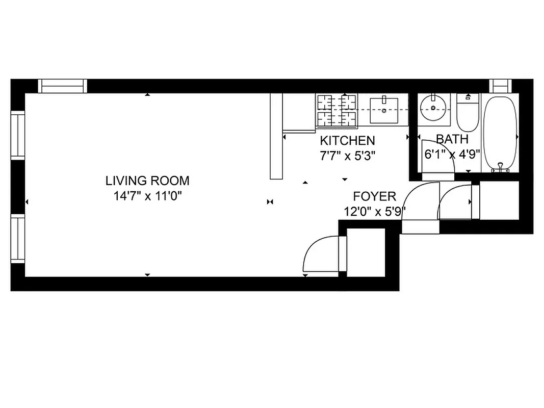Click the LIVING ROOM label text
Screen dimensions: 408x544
click(147, 181)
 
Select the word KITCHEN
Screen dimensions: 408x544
click(347, 141)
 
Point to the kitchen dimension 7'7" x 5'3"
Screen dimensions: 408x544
click(347, 156)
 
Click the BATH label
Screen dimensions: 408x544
click(452, 139)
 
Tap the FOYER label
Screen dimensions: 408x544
click(375, 197)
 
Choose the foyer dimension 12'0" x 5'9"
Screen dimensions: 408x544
click(375, 212)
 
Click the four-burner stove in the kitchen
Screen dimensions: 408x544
click(336, 110)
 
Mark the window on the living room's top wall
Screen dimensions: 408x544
click(63, 86)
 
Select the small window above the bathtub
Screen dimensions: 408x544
click(499, 85)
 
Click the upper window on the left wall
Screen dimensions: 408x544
click(18, 136)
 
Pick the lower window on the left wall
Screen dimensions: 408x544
click(18, 238)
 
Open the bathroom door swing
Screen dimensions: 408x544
click(438, 157)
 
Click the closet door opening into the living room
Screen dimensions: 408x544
click(321, 254)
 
